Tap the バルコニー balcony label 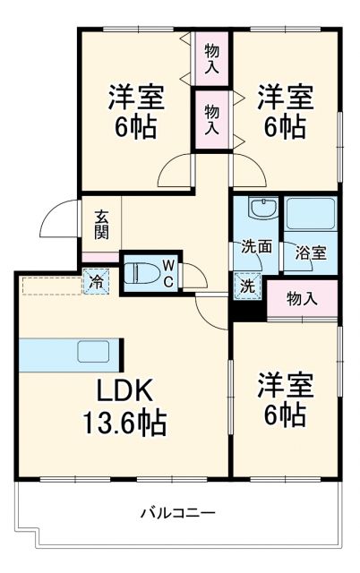tap(177, 513)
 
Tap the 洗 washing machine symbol tap(246, 286)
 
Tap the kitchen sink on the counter tap(93, 351)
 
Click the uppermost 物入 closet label tap(212, 57)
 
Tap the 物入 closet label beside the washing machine tap(302, 298)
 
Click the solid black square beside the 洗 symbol tap(246, 310)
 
